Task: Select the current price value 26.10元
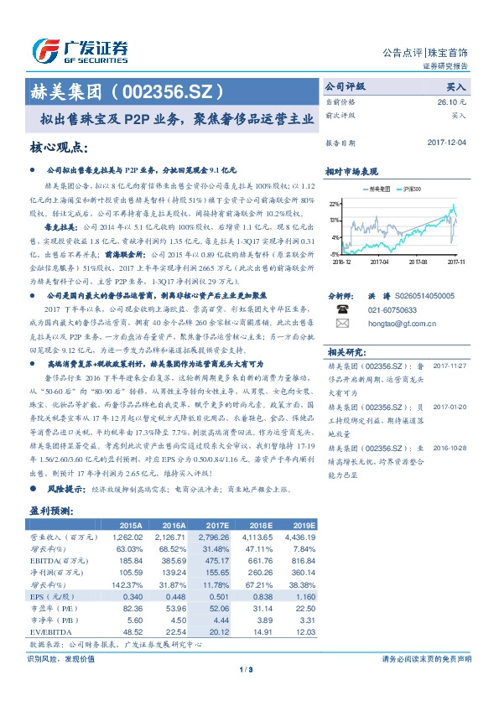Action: click(x=452, y=101)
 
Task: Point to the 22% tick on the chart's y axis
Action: click(x=334, y=204)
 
